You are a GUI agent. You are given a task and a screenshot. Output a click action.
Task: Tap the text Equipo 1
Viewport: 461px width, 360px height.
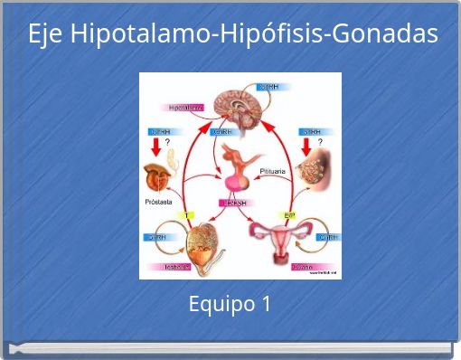click(230, 305)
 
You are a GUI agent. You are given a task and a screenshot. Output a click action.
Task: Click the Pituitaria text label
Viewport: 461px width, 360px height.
click(273, 170)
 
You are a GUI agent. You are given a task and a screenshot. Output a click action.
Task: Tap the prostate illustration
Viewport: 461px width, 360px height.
click(162, 175)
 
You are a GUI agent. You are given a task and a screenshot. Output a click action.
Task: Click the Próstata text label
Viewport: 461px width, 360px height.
click(159, 202)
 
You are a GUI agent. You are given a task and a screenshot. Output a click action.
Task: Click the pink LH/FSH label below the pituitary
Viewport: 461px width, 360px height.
click(235, 202)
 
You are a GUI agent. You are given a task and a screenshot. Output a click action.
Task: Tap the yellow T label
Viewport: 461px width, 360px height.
click(188, 215)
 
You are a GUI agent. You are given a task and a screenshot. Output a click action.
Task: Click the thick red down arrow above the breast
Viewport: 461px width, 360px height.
click(306, 145)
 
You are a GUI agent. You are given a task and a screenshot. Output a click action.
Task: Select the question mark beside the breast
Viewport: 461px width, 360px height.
click(320, 142)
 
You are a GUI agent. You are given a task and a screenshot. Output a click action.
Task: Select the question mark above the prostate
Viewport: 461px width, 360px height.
click(167, 141)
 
